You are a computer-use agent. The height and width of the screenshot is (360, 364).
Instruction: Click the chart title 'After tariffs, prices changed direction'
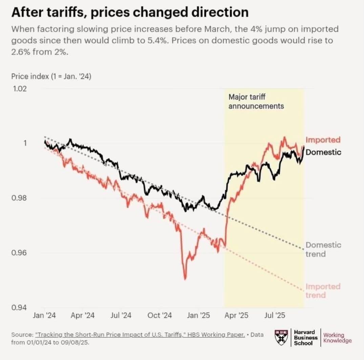click(x=130, y=12)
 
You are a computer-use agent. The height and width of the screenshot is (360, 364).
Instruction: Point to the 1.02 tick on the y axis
click(x=19, y=89)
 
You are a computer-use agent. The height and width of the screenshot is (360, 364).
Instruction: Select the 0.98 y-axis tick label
click(x=19, y=198)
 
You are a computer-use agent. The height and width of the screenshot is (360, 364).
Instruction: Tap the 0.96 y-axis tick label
click(x=19, y=253)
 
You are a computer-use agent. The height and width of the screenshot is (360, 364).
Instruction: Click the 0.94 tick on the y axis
click(x=19, y=308)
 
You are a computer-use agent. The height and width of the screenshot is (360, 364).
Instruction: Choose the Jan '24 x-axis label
click(x=44, y=315)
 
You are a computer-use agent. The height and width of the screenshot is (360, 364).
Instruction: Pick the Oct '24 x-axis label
click(x=159, y=315)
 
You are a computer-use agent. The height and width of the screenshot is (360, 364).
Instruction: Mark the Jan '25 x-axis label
click(x=198, y=315)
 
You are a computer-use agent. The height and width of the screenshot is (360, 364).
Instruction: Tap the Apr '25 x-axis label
click(x=237, y=315)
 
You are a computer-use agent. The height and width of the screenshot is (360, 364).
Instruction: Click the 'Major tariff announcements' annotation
click(x=256, y=102)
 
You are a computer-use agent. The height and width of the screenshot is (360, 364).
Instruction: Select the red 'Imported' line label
click(x=323, y=140)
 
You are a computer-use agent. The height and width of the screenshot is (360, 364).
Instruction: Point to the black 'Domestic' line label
click(x=323, y=152)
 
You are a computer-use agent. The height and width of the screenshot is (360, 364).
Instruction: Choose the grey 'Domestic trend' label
click(x=323, y=249)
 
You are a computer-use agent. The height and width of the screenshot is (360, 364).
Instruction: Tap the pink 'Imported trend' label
click(x=323, y=291)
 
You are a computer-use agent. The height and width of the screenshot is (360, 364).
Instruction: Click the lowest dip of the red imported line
click(x=185, y=279)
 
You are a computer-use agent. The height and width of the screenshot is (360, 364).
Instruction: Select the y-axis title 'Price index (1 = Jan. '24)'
click(x=51, y=76)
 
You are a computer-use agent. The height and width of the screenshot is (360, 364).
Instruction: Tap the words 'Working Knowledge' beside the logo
click(x=337, y=338)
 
